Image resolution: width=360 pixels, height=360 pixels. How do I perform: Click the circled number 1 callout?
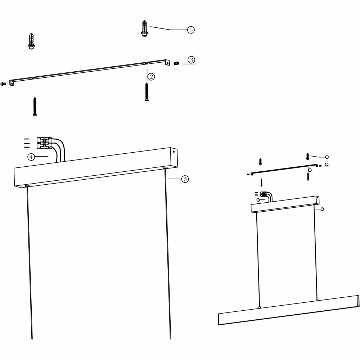click(x=191, y=30)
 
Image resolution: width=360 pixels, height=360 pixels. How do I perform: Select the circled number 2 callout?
click(x=151, y=76)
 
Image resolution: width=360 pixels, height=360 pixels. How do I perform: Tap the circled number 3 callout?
click(x=191, y=60)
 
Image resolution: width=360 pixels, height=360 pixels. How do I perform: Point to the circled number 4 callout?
click(x=31, y=157)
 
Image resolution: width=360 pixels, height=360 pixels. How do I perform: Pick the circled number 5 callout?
click(x=185, y=179)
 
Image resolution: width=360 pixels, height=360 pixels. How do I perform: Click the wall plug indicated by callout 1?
click(x=144, y=28)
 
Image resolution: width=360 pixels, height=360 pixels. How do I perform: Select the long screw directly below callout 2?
click(x=147, y=92)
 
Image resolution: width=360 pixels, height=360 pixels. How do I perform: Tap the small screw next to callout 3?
click(x=176, y=63)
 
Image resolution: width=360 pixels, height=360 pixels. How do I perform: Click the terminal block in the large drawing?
click(x=44, y=143)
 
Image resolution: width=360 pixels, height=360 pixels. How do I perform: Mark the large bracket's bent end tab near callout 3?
click(x=167, y=63)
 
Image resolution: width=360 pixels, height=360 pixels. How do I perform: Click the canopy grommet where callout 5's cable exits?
click(x=165, y=168)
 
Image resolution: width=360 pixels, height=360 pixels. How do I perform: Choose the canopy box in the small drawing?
click(x=284, y=204)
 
